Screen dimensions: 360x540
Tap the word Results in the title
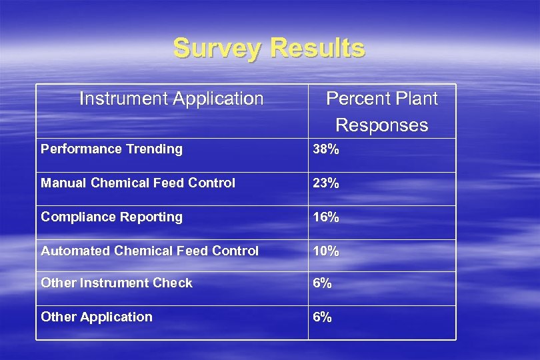pyautogui.click(x=319, y=49)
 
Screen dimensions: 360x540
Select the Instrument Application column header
pyautogui.click(x=171, y=99)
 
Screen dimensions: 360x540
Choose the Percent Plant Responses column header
pyautogui.click(x=381, y=111)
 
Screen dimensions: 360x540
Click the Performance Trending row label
pyautogui.click(x=111, y=149)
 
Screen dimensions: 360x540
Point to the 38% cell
pyautogui.click(x=327, y=149)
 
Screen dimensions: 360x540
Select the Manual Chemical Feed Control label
pyautogui.click(x=138, y=183)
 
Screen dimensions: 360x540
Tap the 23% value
pyautogui.click(x=327, y=183)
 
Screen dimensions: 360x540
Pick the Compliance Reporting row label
pyautogui.click(x=111, y=217)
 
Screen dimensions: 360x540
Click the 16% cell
pyautogui.click(x=327, y=217)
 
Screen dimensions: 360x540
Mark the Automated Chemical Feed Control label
pyautogui.click(x=149, y=251)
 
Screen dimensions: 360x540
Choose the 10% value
pyautogui.click(x=327, y=251)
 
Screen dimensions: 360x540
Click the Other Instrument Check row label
pyautogui.click(x=117, y=283)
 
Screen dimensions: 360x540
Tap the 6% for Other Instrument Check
pyautogui.click(x=323, y=283)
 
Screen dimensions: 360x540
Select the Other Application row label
pyautogui.click(x=97, y=317)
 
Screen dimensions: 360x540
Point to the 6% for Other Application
pyautogui.click(x=323, y=317)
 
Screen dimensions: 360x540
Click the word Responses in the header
pyautogui.click(x=381, y=125)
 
